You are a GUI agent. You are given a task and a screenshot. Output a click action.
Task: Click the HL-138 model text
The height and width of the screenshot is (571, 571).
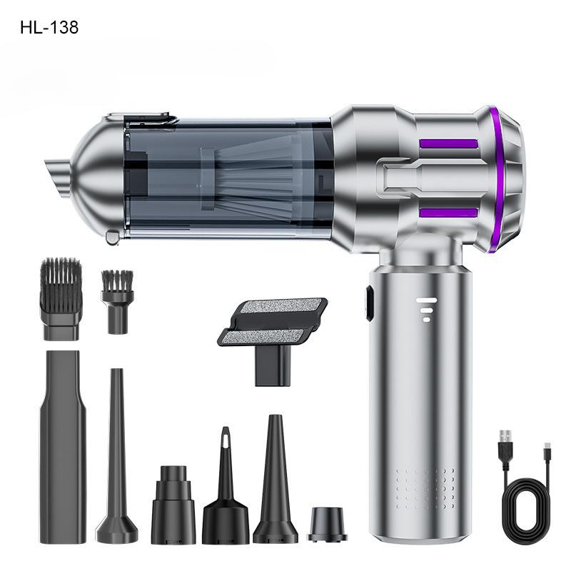point(49,28)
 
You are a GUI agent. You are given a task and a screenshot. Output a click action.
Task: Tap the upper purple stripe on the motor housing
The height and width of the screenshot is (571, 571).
point(448,143)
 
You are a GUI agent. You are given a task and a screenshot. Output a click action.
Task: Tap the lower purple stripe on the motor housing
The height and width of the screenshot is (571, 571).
point(448,213)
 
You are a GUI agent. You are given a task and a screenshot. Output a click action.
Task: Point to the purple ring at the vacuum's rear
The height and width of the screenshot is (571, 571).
point(494,178)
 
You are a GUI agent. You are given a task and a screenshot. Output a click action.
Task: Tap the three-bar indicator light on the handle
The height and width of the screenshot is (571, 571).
point(426,309)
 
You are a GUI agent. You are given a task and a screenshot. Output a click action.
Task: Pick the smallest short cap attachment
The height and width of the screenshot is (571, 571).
point(327,525)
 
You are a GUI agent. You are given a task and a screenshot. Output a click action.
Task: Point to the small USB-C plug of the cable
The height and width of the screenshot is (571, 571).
point(547,451)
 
